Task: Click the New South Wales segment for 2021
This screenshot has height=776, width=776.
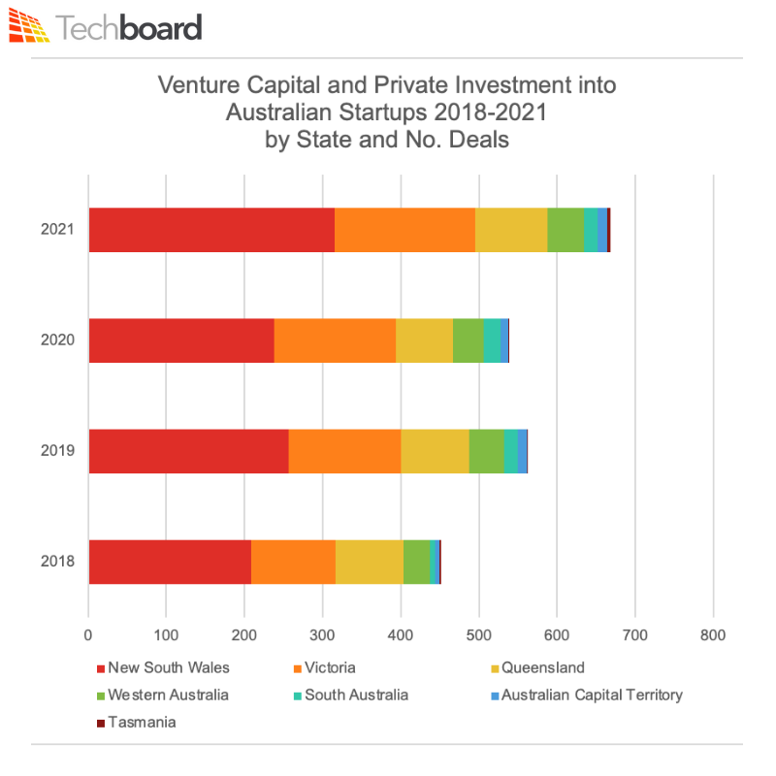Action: (211, 230)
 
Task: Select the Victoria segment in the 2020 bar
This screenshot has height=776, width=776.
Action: (335, 340)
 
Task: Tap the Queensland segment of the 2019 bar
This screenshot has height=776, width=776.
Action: (435, 451)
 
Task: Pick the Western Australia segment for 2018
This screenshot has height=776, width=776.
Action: (416, 562)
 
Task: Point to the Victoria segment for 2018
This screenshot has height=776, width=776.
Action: (293, 562)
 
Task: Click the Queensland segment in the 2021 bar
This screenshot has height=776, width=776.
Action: (511, 230)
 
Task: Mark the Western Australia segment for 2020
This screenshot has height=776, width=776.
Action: (468, 340)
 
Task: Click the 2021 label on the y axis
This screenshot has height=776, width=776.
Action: (56, 230)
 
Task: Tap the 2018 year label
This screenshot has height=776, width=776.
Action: (56, 562)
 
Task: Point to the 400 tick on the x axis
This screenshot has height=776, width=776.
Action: (401, 636)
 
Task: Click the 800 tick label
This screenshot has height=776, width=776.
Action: (713, 636)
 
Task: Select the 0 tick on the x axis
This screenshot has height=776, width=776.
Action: (88, 636)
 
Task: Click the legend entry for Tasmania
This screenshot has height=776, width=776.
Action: (136, 722)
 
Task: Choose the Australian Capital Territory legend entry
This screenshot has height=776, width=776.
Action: (592, 695)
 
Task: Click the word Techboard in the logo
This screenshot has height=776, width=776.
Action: (129, 27)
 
